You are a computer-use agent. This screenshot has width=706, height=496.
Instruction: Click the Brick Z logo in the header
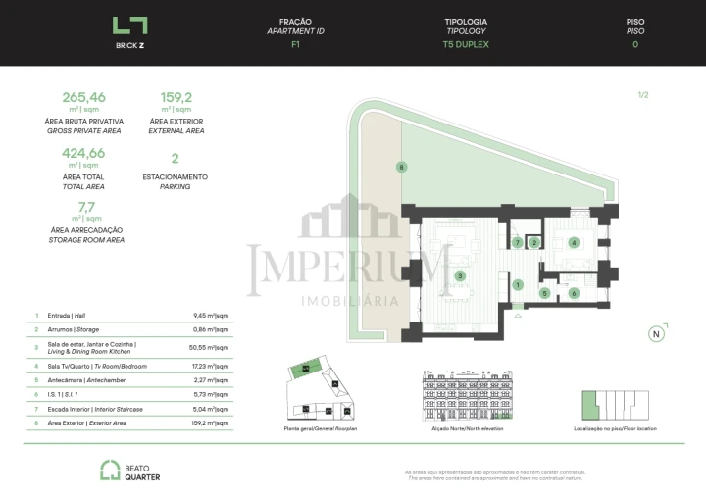pos(129,25)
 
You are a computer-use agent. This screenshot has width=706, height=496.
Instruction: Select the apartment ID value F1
pos(295,44)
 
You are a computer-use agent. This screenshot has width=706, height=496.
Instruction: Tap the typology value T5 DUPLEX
pos(466,44)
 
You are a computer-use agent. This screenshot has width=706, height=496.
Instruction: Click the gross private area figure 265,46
pos(83,97)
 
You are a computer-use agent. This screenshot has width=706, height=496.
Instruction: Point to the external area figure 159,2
pos(176,97)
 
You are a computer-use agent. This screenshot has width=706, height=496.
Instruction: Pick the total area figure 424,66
pos(83,153)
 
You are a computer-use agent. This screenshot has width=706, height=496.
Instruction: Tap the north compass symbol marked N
pos(656,333)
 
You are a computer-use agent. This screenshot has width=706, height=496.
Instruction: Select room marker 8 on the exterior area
pos(401,168)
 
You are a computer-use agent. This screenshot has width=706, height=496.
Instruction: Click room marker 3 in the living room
pos(459,276)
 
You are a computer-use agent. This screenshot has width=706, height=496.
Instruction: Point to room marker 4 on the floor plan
pos(574,243)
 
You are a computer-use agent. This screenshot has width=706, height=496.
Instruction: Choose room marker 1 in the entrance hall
pos(518,285)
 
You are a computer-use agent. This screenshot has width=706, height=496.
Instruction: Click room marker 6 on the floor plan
pos(575,293)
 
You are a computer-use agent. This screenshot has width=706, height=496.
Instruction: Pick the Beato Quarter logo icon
pos(110,471)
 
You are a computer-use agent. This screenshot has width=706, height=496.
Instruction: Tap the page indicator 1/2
pos(643,95)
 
